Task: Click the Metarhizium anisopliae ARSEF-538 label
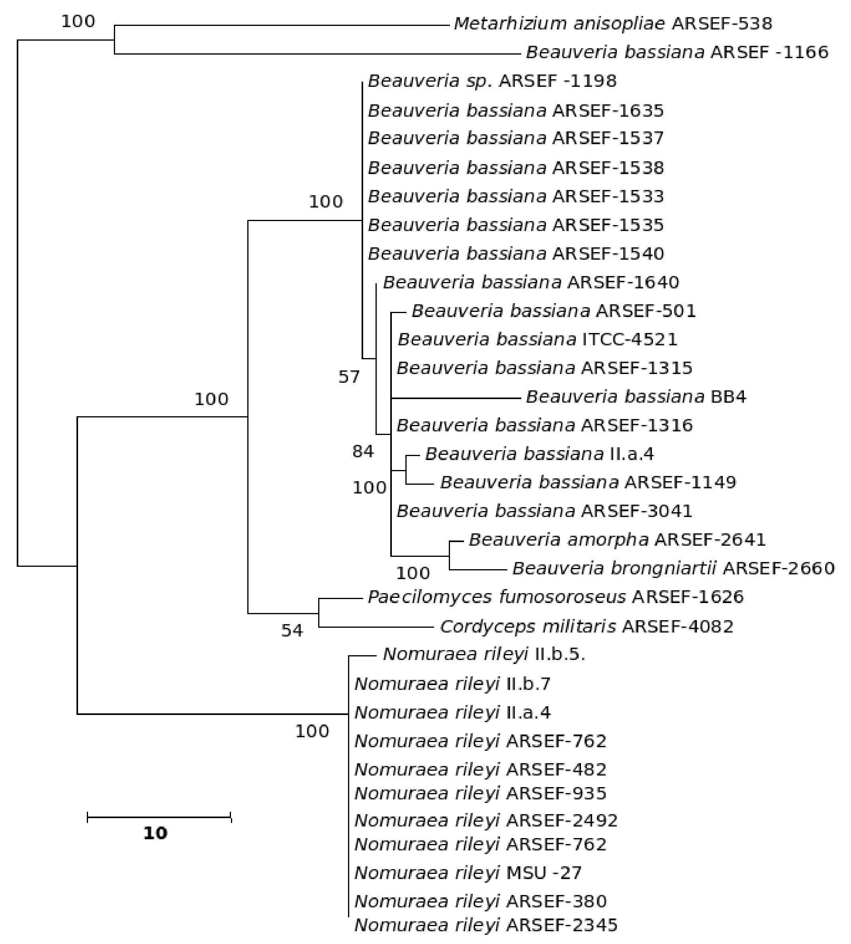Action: point(612,24)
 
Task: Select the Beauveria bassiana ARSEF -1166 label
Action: point(677,52)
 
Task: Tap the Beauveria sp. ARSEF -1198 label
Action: point(492,81)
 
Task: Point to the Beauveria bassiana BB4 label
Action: point(636,397)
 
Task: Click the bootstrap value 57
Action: point(349,376)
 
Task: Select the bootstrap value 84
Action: point(363,451)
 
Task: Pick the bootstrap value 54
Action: point(292,631)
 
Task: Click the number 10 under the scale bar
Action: point(155,833)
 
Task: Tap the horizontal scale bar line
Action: point(159,817)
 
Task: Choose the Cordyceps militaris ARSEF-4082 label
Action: point(586,627)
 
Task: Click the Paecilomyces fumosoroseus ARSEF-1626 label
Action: point(555,597)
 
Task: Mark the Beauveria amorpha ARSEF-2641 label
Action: point(617,540)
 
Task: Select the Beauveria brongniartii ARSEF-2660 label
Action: point(673,568)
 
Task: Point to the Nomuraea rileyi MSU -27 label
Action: point(468,872)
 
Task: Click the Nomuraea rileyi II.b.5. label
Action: point(484,654)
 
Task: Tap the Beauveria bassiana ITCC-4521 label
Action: point(537,339)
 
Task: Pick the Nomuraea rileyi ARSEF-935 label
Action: point(480,793)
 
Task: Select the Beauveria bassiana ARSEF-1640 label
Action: point(531,282)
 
